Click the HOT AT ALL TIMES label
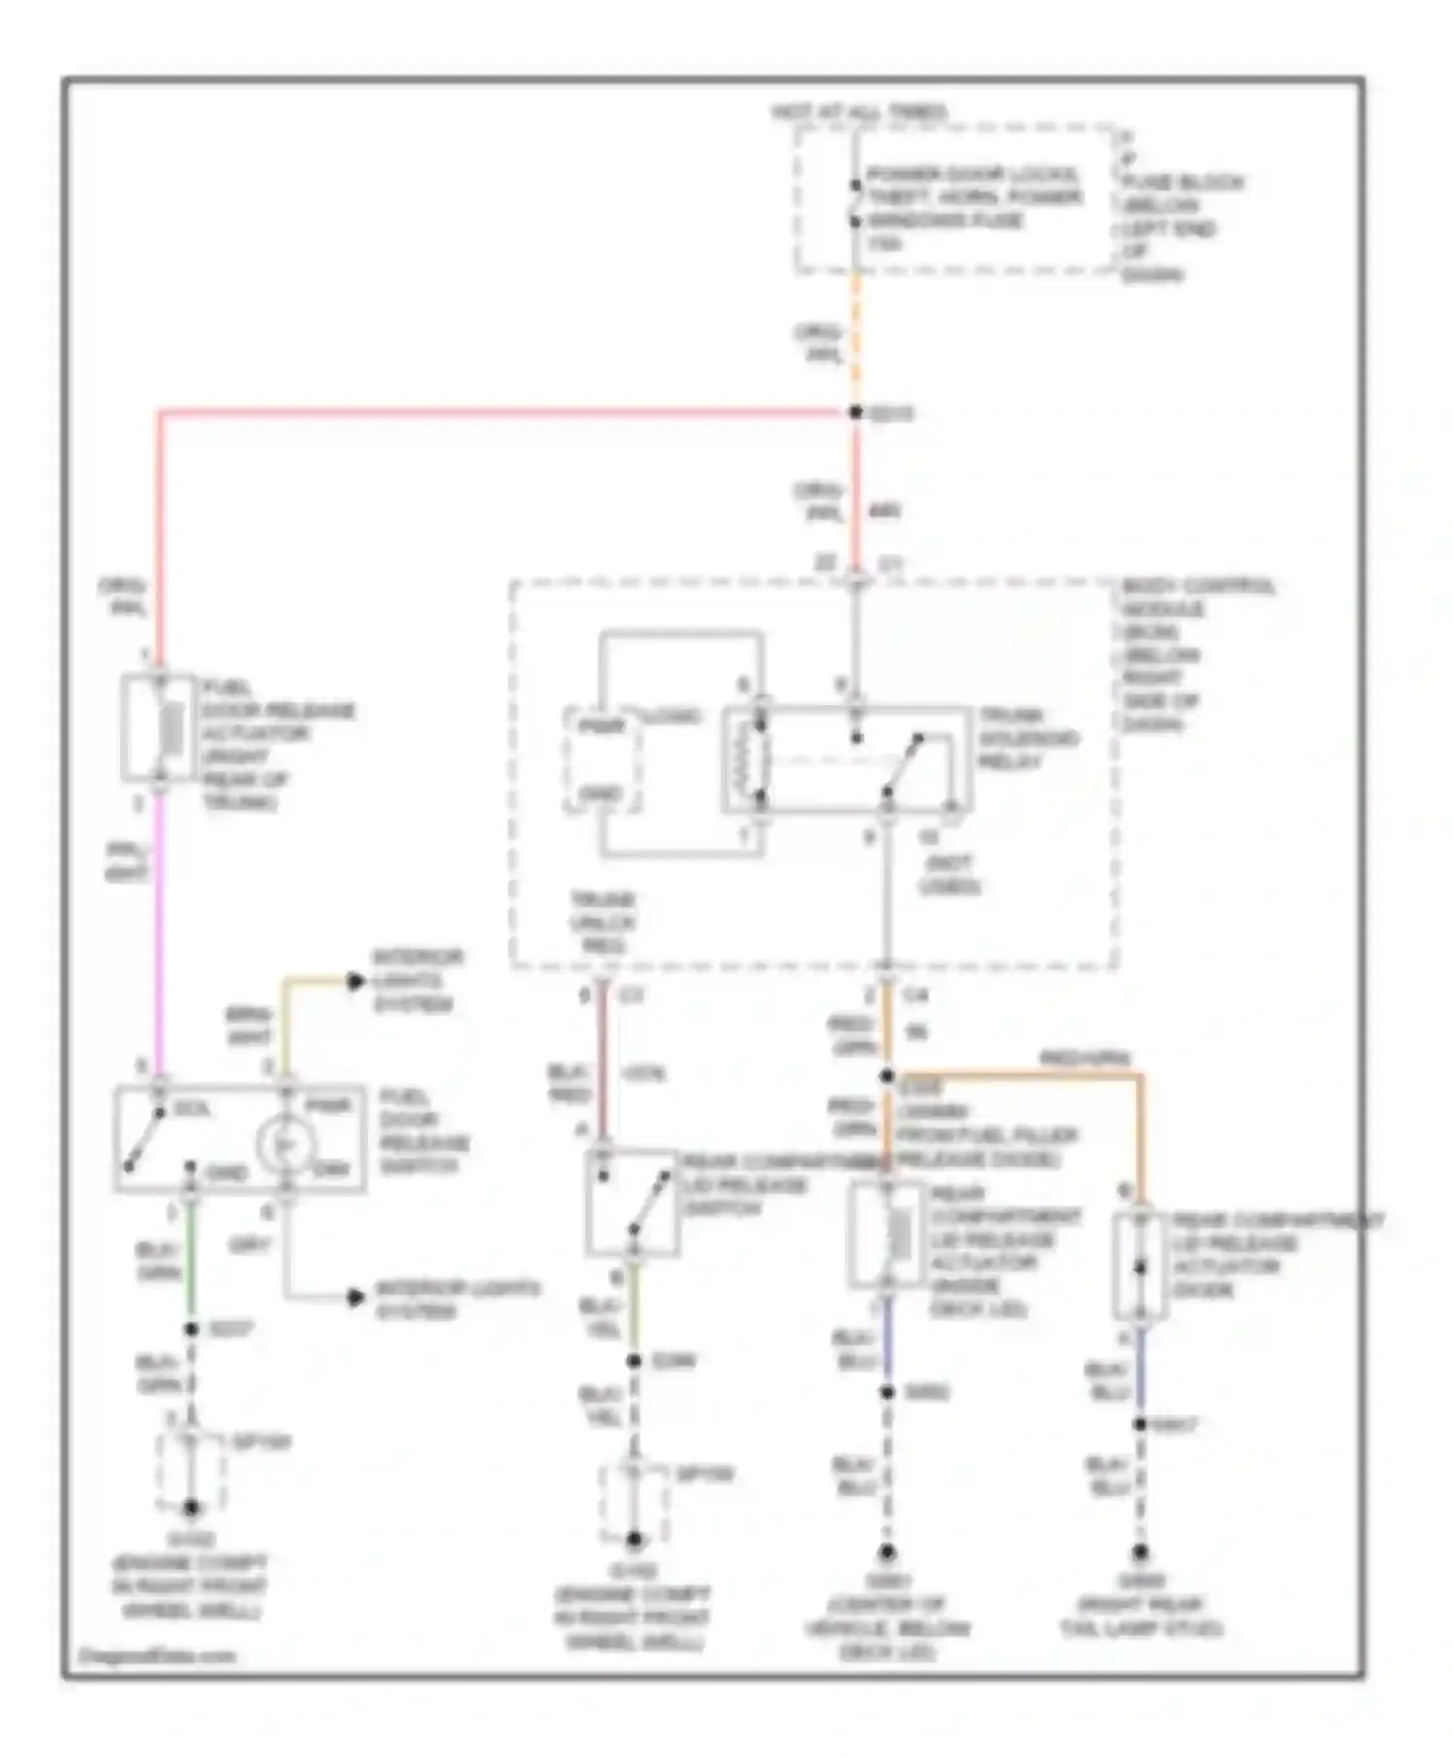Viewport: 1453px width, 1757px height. (x=859, y=112)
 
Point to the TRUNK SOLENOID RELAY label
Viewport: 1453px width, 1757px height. (x=1027, y=738)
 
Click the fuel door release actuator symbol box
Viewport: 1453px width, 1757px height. (x=158, y=727)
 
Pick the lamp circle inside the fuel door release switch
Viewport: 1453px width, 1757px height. (x=286, y=1145)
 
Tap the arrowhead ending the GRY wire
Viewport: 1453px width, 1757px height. (x=356, y=1296)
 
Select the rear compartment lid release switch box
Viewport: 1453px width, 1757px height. (x=632, y=1203)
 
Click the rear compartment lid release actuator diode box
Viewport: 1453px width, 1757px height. (x=1139, y=1265)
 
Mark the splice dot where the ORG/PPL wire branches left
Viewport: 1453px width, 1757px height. (x=855, y=413)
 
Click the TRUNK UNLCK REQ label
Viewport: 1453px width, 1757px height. (x=602, y=922)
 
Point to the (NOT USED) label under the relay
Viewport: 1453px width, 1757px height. (x=949, y=875)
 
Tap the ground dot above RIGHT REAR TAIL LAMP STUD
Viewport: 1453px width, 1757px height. (x=1140, y=1553)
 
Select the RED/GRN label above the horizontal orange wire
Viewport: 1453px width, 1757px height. (x=1084, y=1058)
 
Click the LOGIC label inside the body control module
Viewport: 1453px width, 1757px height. (x=671, y=717)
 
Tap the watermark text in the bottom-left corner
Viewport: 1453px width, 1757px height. (x=157, y=1655)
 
